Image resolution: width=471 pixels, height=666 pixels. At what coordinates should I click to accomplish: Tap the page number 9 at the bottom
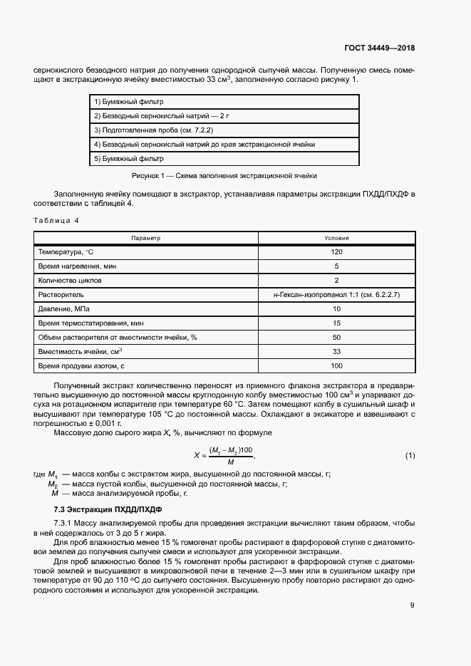pyautogui.click(x=412, y=605)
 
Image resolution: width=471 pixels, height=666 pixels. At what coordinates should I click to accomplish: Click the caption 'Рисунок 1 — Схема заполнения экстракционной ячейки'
pyautogui.click(x=224, y=175)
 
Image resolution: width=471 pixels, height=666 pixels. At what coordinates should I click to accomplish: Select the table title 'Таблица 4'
pyautogui.click(x=56, y=220)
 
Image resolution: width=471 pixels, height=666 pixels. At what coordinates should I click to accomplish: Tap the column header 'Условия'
pyautogui.click(x=336, y=238)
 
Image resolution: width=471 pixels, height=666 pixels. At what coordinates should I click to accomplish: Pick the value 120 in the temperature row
pyautogui.click(x=336, y=252)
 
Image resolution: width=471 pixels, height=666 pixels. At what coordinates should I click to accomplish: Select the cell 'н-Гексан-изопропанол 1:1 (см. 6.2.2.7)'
pyautogui.click(x=336, y=295)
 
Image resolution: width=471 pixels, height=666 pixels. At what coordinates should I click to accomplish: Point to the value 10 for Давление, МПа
pyautogui.click(x=336, y=309)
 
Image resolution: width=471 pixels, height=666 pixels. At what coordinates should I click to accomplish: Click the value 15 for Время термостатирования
pyautogui.click(x=336, y=323)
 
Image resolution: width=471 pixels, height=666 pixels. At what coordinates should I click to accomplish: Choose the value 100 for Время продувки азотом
pyautogui.click(x=336, y=366)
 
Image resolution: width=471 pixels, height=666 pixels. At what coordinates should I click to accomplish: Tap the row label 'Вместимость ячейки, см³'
pyautogui.click(x=80, y=352)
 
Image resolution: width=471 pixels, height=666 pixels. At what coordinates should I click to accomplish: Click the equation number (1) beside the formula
pyautogui.click(x=410, y=455)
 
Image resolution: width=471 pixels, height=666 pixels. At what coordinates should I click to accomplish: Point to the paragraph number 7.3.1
pyautogui.click(x=64, y=524)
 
